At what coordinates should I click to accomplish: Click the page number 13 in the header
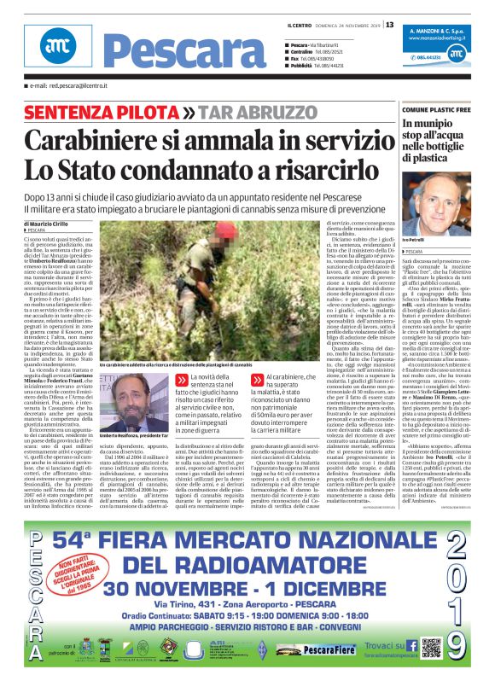[390, 24]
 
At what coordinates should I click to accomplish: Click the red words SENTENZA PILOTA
[113, 113]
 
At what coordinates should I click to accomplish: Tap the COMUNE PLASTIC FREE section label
[444, 110]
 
